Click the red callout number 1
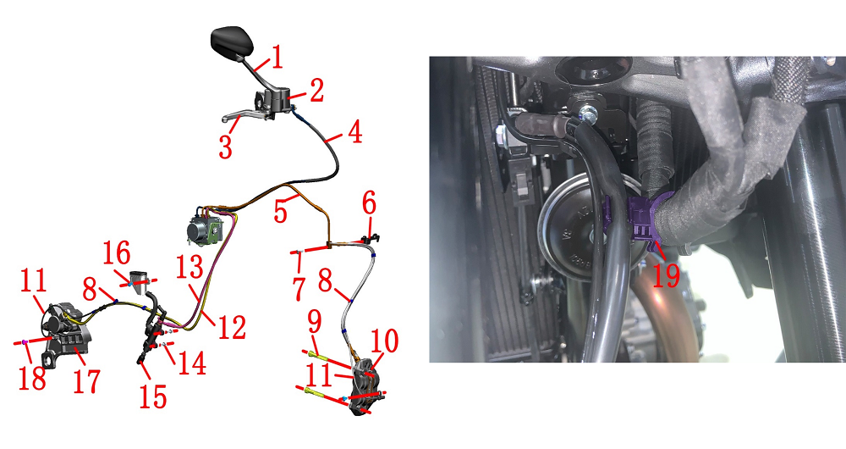coord(277,58)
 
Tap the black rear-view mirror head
coord(232,42)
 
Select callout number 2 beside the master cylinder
coord(316,91)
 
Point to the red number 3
coord(226,147)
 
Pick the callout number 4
coord(354,132)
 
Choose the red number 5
coord(280,211)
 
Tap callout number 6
coord(369,205)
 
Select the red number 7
coord(299,289)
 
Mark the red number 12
coord(232,327)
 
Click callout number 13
coord(190,267)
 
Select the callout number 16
coord(117,252)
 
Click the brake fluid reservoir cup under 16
coord(140,282)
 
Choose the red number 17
coord(86,380)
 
